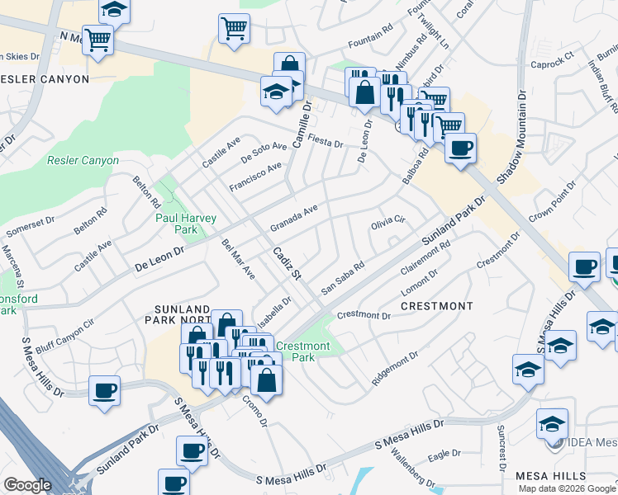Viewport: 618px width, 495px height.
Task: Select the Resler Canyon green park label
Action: (83, 161)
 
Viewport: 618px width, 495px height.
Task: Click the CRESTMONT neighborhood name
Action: (436, 306)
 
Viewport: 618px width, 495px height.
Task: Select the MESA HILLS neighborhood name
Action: (550, 477)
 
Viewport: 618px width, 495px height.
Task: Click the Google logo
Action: (27, 485)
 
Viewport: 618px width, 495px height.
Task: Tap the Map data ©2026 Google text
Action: (568, 488)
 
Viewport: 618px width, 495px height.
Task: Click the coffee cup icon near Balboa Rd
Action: (460, 148)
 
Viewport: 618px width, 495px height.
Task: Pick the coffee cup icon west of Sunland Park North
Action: (104, 390)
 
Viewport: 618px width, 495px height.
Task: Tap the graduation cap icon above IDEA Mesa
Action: (552, 424)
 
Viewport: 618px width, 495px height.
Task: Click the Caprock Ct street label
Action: (551, 64)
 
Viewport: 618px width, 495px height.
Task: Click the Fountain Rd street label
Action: (370, 39)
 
